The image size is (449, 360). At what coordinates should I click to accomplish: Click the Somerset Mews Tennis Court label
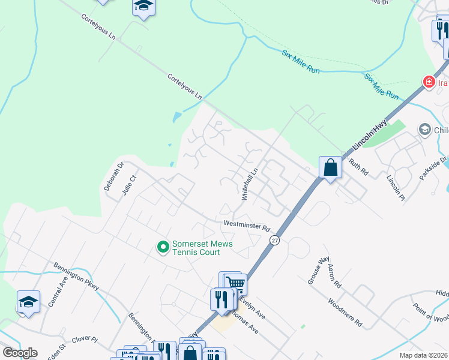pos(202,248)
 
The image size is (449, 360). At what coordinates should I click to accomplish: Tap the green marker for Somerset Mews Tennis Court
pos(162,247)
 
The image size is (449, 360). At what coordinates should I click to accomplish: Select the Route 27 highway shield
pos(274,240)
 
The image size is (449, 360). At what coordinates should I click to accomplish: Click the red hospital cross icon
pos(429,82)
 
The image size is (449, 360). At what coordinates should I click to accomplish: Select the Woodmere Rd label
pos(345,312)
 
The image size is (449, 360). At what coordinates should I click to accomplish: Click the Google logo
pos(20,353)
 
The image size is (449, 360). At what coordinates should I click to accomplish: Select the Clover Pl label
pos(85,339)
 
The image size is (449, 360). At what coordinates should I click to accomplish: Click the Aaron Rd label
pos(335,277)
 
